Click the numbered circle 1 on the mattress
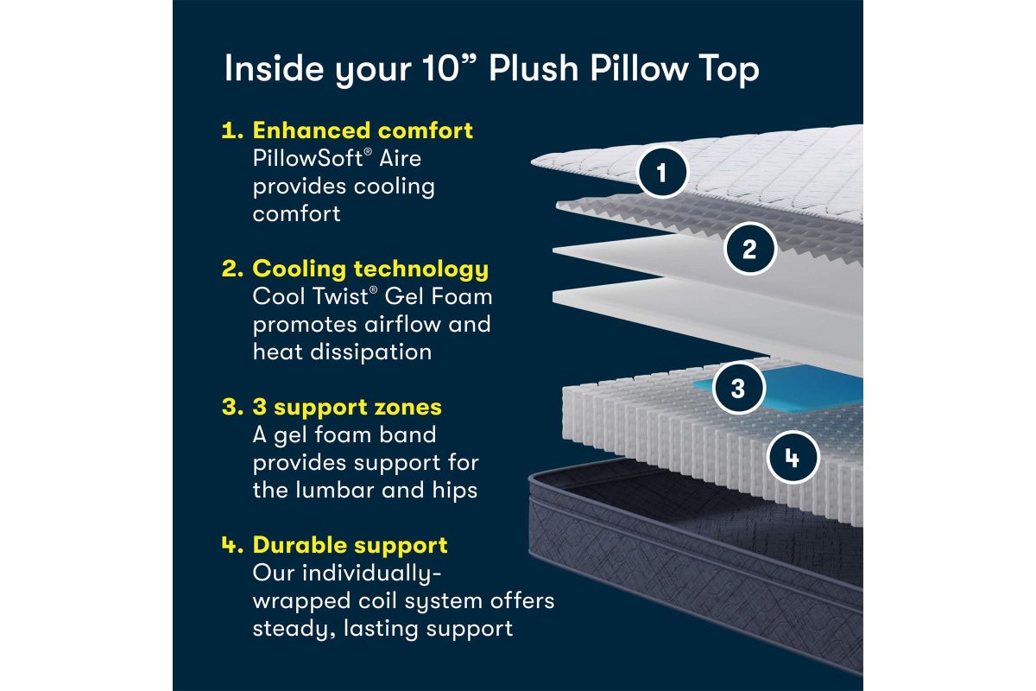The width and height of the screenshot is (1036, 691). (662, 173)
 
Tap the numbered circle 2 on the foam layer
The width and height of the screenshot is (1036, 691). (749, 249)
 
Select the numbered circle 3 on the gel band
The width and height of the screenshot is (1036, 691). (738, 388)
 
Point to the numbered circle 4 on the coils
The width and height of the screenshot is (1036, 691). (793, 458)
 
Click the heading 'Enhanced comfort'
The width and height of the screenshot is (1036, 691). (363, 130)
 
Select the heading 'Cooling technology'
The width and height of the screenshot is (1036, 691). (370, 269)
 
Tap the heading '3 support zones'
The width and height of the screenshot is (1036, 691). (347, 408)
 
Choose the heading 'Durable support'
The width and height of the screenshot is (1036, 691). (351, 545)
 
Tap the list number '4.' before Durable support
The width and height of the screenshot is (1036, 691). (232, 545)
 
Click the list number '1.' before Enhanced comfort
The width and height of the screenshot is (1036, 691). (232, 130)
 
